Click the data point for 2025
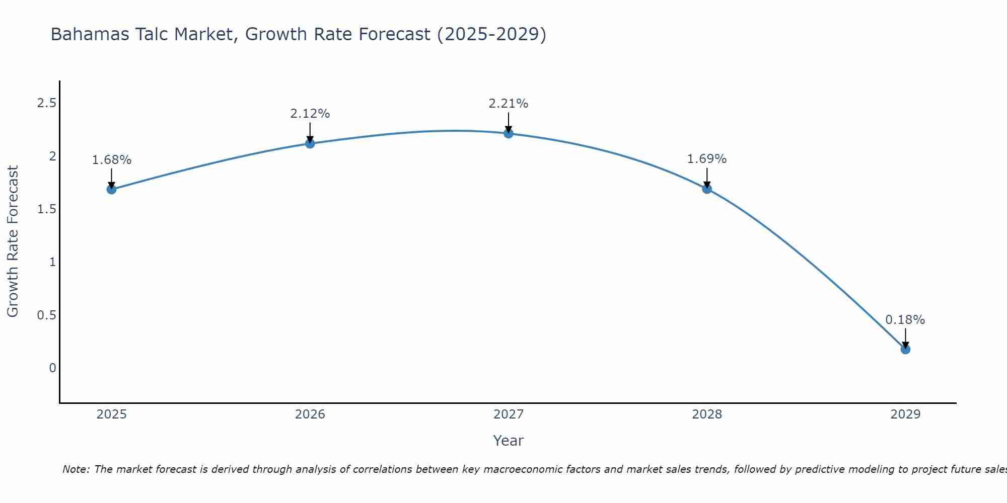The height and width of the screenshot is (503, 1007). (x=111, y=189)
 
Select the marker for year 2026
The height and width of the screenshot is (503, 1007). (x=310, y=143)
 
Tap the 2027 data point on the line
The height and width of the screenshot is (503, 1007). (x=508, y=133)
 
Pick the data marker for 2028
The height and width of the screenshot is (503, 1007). (x=706, y=189)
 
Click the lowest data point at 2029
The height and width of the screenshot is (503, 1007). (x=905, y=349)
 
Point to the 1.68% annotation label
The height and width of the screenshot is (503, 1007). (x=111, y=160)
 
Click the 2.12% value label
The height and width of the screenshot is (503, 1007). (x=310, y=114)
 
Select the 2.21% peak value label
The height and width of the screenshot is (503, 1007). (x=508, y=104)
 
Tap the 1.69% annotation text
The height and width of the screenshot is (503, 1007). (x=706, y=159)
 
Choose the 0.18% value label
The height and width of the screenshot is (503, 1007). (x=905, y=320)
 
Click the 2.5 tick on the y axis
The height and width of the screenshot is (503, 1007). (x=46, y=103)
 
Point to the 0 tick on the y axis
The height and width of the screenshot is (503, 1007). (x=52, y=368)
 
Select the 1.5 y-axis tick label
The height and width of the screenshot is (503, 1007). (x=46, y=209)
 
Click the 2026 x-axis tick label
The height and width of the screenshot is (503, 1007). (x=310, y=414)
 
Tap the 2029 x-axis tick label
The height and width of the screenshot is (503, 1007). (x=905, y=414)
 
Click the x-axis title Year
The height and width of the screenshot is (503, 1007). (x=508, y=441)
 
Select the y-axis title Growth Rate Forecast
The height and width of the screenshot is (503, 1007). (x=13, y=241)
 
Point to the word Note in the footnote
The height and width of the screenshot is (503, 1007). (x=76, y=469)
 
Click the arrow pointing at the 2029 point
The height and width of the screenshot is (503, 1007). (x=905, y=338)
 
